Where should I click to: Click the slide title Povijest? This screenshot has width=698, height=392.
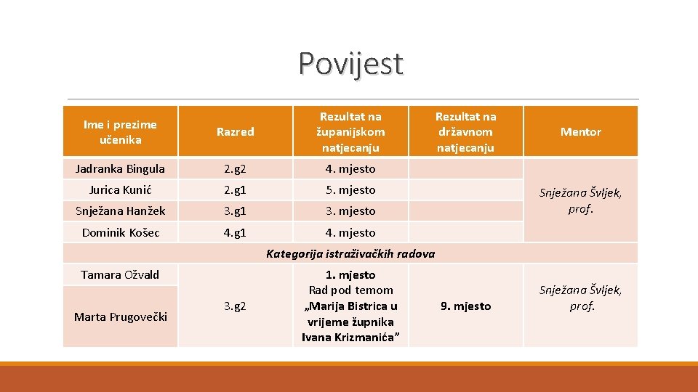350,64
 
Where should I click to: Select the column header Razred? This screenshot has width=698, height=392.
236,132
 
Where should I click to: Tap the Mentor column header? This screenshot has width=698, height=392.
580,132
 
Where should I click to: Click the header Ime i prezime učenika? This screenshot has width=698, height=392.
120,132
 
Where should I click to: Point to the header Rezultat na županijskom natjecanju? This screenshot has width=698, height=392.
350,132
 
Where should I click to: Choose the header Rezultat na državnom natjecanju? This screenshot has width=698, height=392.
465,132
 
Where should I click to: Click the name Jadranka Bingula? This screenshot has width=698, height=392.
120,169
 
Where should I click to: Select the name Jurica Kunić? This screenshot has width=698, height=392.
120,190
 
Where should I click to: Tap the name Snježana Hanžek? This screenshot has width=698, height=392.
120,211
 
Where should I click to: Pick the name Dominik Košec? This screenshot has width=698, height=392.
120,233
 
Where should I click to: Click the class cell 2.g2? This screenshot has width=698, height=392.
236,169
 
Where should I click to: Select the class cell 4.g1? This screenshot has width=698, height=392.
236,233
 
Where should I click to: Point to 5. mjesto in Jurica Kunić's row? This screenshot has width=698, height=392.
350,190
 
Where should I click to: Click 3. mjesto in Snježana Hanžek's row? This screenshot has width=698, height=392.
350,211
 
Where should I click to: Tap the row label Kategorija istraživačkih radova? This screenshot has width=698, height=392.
350,254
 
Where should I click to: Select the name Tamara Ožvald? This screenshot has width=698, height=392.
120,275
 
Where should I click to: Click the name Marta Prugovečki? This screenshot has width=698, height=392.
120,317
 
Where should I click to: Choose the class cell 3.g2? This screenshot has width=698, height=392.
236,306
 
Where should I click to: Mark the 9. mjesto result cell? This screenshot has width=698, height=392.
465,306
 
